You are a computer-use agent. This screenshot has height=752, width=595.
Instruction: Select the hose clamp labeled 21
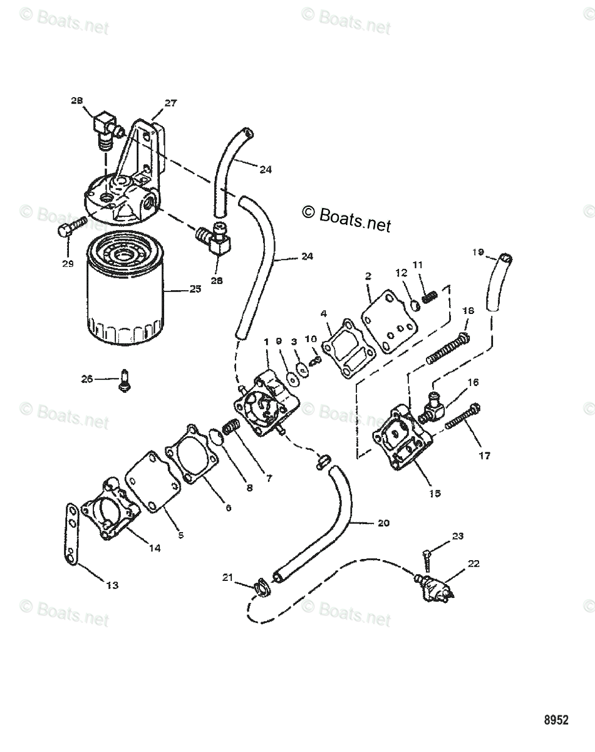pos(261,587)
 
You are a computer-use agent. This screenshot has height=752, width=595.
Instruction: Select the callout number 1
pos(267,342)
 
